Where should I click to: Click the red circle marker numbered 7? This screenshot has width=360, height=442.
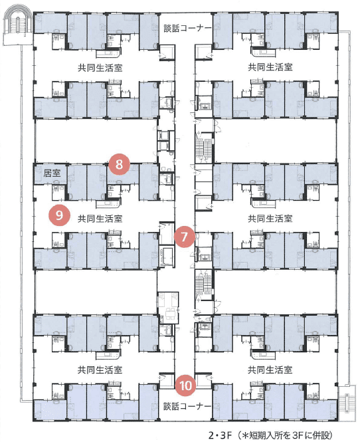(x=184, y=237)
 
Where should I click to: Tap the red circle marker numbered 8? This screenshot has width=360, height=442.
(x=119, y=164)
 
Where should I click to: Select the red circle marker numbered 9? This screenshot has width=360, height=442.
(x=59, y=215)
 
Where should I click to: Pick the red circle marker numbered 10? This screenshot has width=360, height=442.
(x=185, y=386)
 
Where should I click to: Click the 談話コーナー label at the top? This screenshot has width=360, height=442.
(x=187, y=28)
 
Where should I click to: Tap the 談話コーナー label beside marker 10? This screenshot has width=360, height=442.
(x=187, y=406)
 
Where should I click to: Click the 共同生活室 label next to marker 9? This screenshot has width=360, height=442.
(x=100, y=219)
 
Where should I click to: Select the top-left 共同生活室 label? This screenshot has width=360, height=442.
(x=100, y=68)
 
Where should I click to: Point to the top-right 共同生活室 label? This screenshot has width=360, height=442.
(x=270, y=67)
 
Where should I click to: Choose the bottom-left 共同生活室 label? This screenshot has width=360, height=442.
(x=100, y=370)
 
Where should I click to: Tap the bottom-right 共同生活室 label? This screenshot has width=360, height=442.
(x=270, y=370)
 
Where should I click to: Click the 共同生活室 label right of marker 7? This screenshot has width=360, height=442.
(x=270, y=219)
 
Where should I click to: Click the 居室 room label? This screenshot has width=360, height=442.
(x=52, y=173)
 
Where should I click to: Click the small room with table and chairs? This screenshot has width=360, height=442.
(x=168, y=308)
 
